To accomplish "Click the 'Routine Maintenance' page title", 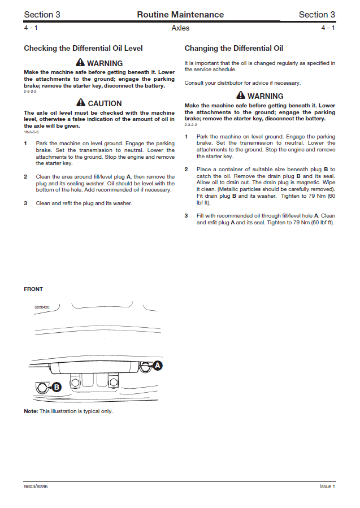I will pos(180,15).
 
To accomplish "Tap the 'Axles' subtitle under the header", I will pos(180,28).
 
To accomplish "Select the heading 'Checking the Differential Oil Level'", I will pos(83,49).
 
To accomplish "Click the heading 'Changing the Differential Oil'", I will pos(234,49).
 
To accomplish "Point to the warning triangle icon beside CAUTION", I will pos(81,103).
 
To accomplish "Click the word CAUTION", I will pos(105,103).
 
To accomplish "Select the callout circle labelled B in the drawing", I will pos(57,387).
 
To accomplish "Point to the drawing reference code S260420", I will pos(42,307).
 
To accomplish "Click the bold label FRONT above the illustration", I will pos(33,289).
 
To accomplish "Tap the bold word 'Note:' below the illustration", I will pos(31,411).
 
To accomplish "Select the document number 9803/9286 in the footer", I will pos(36,487).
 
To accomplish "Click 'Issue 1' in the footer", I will pos(327,487).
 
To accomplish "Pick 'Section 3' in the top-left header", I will pos(42,15).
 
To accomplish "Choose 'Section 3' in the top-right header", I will pos(316,15).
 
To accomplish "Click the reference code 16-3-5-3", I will pos(32,132).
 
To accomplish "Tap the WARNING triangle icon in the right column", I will pos(241,96).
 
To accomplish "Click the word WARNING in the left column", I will pos(105,63).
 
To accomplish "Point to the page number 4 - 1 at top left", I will pos(31,28).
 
